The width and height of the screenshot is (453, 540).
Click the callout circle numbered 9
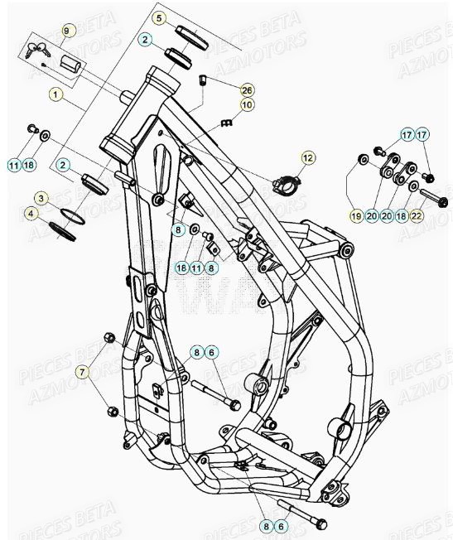click(66, 31)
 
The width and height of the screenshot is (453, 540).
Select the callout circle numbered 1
click(55, 94)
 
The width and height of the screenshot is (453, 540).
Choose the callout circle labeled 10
click(247, 105)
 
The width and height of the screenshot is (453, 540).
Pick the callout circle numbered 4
click(31, 213)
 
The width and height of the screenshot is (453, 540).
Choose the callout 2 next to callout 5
click(145, 39)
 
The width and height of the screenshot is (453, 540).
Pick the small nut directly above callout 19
click(362, 158)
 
